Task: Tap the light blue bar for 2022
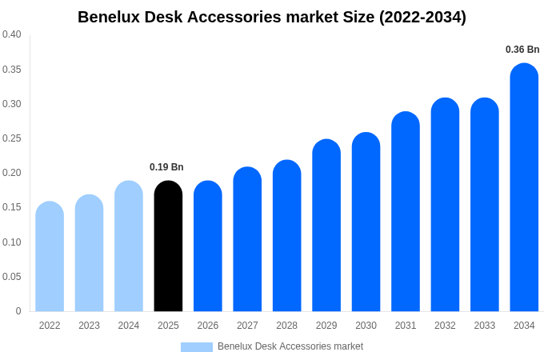[50, 257]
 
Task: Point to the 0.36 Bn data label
[522, 50]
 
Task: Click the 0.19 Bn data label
[166, 167]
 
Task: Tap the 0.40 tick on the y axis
[12, 34]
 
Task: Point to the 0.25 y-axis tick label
[12, 138]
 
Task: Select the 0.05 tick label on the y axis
[12, 277]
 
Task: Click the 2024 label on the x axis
[129, 326]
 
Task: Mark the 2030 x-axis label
[366, 326]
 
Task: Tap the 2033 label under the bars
[484, 326]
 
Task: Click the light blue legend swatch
[197, 347]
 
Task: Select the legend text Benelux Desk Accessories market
[290, 346]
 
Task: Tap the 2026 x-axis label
[208, 326]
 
